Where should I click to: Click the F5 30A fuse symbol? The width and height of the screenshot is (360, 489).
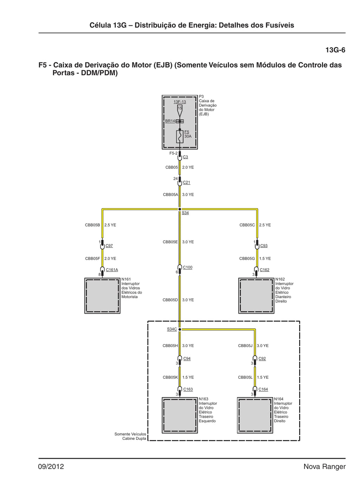[180, 137]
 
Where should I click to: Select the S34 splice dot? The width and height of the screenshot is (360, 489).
[180, 209]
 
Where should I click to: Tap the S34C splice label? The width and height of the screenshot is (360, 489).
[172, 329]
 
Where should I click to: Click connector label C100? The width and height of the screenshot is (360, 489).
[187, 268]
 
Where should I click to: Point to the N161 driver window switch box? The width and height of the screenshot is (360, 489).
[102, 296]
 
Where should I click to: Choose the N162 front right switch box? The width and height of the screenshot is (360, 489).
[256, 296]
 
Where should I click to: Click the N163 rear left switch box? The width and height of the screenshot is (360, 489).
[180, 416]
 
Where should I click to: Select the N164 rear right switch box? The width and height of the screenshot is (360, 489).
[255, 416]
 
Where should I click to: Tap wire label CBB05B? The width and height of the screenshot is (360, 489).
[92, 225]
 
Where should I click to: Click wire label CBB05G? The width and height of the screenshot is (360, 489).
[247, 258]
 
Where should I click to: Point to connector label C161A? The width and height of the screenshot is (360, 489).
[112, 270]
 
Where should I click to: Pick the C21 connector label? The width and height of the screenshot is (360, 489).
[186, 182]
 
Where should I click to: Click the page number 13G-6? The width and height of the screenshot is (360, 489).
[335, 50]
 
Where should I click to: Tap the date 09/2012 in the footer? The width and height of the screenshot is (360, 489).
[51, 467]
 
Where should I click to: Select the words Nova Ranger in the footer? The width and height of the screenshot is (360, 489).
[324, 467]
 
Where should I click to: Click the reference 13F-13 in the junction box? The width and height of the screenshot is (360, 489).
[180, 102]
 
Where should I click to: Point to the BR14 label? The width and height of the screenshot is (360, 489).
[170, 121]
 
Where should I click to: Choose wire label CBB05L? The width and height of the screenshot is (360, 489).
[245, 377]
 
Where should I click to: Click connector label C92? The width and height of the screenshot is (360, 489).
[262, 359]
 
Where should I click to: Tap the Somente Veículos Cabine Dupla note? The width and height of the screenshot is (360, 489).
[130, 436]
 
